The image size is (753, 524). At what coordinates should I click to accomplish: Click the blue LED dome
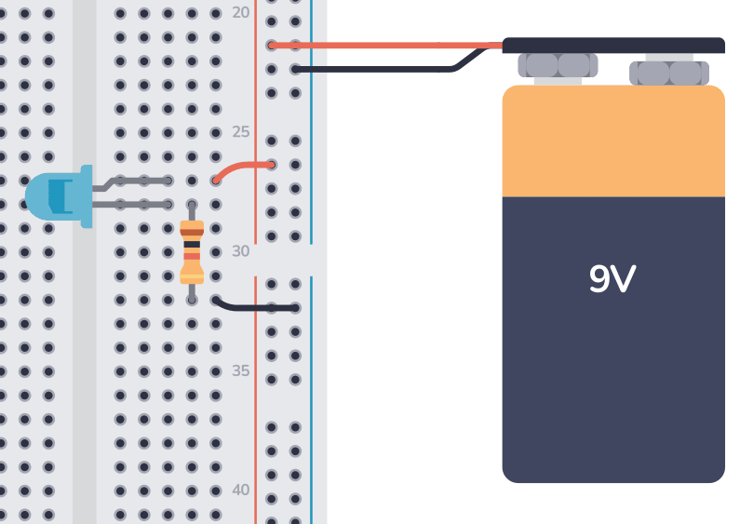[59, 196]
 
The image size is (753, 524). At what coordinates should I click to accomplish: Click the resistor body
[192, 252]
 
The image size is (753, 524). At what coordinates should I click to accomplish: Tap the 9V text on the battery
[612, 278]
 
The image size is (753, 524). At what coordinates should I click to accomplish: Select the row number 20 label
[240, 12]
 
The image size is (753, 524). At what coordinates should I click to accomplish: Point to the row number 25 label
[240, 131]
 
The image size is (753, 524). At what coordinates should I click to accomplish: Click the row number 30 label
[240, 250]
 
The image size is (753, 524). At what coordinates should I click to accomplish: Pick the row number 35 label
[240, 370]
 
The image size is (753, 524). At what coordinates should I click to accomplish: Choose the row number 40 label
[240, 490]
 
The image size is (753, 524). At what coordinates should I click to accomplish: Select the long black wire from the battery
[384, 70]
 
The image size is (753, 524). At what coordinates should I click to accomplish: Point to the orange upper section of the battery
[613, 141]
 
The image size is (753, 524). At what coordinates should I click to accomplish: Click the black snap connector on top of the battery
[613, 46]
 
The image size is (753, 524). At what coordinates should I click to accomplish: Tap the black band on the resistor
[192, 245]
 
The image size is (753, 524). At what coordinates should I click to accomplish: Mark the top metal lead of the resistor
[192, 211]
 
